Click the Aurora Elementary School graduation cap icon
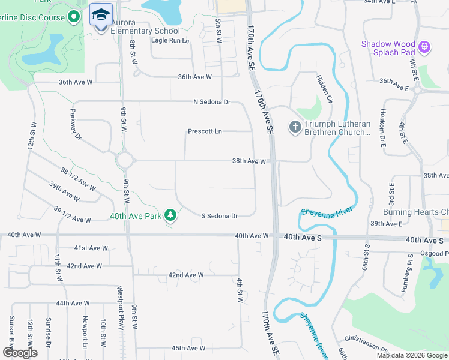coord(101,14)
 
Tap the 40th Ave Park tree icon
coord(171,215)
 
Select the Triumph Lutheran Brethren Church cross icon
coord(295,127)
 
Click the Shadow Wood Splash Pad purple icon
coord(425,46)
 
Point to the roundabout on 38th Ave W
coord(125,160)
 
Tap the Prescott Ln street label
coord(205,131)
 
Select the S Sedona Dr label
coord(219,215)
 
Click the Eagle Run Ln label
coord(170,41)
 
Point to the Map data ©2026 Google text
coord(412,355)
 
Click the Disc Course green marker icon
coord(74,17)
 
